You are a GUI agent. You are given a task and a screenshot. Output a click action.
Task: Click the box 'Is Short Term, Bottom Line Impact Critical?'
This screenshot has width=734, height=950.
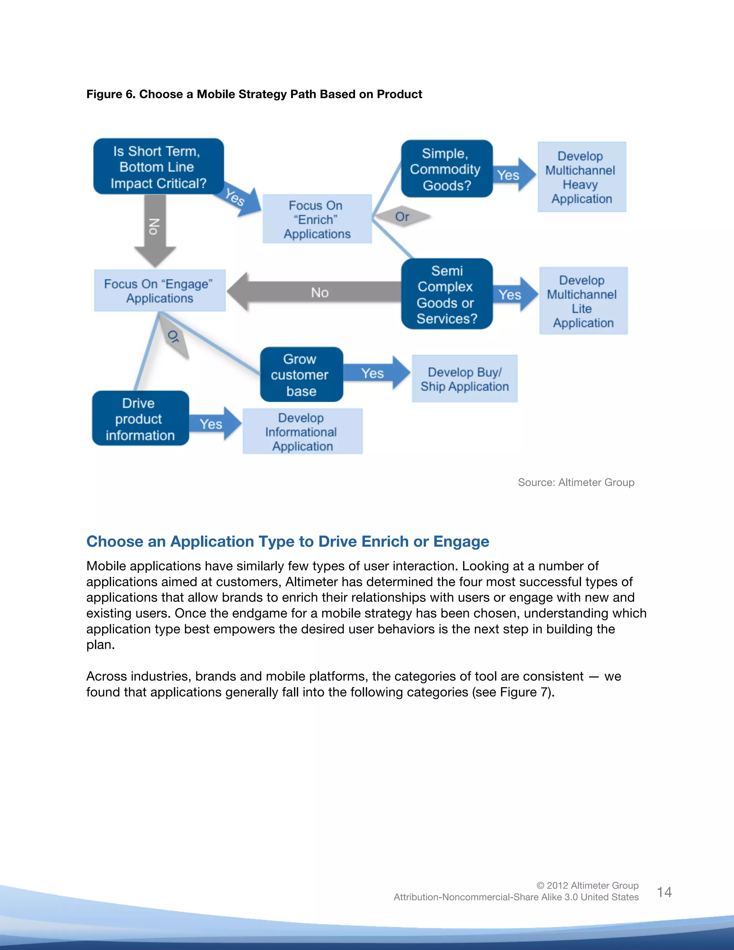click(x=158, y=167)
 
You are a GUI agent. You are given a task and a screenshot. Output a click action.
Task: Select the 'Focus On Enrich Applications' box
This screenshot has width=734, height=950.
click(x=317, y=219)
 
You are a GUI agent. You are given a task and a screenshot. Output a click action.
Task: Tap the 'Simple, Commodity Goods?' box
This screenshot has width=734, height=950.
click(x=446, y=169)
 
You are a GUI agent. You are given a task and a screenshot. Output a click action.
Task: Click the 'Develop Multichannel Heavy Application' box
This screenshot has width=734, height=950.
click(x=581, y=177)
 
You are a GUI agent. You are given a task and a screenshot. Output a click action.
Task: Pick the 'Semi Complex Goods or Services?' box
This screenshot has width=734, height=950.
click(x=446, y=294)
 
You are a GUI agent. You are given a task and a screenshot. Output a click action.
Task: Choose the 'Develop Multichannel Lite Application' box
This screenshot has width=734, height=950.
click(x=583, y=301)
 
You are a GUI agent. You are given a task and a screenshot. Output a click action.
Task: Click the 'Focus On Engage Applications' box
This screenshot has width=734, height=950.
click(x=159, y=291)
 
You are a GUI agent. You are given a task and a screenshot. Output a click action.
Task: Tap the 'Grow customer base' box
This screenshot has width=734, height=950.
click(x=301, y=375)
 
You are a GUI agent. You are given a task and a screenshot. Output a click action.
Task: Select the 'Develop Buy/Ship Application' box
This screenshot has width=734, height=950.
click(x=464, y=379)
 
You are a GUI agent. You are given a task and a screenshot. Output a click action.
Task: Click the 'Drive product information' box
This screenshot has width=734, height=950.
click(x=140, y=418)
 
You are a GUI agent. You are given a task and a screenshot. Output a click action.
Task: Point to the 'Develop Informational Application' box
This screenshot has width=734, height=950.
click(x=302, y=432)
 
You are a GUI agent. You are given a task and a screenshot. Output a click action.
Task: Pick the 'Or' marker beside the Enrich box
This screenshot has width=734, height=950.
click(x=402, y=216)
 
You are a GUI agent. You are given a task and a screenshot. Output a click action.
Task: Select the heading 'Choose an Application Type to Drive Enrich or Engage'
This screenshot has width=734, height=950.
click(x=287, y=542)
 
